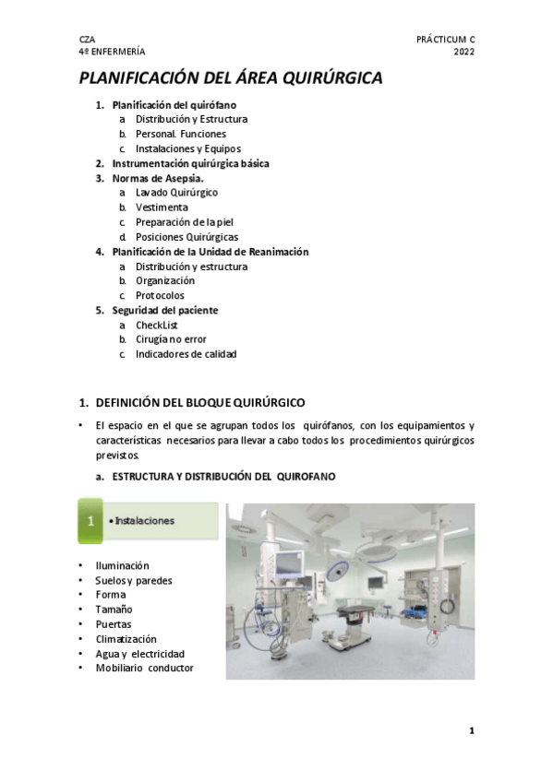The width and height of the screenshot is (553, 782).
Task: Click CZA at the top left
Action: [x=87, y=40]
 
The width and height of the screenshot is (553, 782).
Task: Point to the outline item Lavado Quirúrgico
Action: [x=176, y=193]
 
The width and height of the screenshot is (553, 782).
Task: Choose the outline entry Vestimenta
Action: [x=162, y=207]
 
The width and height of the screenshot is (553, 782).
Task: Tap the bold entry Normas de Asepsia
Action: [x=158, y=178]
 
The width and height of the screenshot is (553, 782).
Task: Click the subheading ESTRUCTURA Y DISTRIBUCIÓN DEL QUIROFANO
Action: [x=224, y=477]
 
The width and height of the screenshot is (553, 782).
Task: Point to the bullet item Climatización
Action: [x=126, y=639]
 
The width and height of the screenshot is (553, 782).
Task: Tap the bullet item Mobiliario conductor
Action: [x=144, y=669]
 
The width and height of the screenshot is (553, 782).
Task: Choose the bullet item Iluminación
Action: [x=122, y=565]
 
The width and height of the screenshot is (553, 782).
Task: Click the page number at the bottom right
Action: [x=471, y=731]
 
